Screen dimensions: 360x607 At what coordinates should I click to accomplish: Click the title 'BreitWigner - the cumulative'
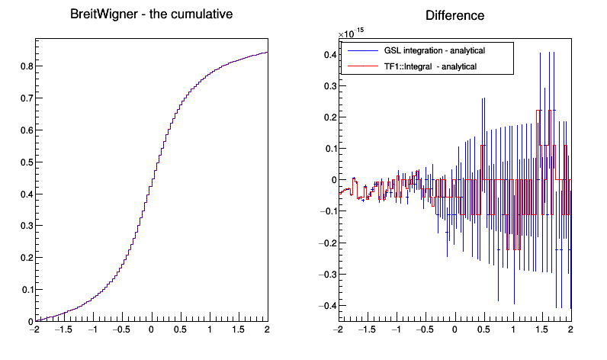coord(151,14)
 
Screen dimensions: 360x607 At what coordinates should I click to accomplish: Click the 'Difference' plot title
coord(454,15)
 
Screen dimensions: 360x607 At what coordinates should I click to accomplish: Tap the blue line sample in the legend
coord(361,50)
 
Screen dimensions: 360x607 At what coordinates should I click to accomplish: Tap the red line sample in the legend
coord(361,66)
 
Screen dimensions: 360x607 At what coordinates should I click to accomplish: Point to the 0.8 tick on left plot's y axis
coord(25,66)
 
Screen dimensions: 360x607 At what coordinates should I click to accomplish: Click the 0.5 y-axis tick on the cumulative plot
coord(25,162)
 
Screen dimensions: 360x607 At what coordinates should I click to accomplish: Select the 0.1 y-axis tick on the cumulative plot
coord(25,290)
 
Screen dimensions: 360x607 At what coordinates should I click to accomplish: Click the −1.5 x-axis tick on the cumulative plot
coord(63,331)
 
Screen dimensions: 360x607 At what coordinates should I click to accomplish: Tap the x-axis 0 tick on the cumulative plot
coord(151,331)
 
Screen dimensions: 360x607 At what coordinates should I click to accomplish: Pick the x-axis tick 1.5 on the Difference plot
coord(541,331)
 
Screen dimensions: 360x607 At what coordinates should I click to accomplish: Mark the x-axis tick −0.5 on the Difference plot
coord(424,331)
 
